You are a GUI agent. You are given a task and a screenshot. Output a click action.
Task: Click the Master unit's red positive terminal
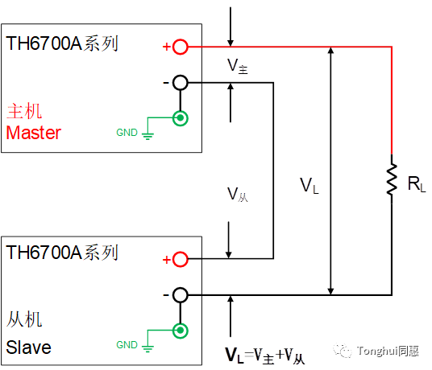pos(181,47)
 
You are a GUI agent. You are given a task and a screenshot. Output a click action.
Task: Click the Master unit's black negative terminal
pos(181,83)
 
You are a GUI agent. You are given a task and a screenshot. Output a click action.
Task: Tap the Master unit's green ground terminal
pos(181,118)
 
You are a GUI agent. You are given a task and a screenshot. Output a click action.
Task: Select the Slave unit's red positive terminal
pos(181,259)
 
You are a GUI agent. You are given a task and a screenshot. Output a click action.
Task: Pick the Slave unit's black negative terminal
pos(181,295)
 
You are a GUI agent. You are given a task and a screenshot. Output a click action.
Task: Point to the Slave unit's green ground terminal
pos(181,331)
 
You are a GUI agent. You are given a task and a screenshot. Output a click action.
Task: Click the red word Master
pos(33,133)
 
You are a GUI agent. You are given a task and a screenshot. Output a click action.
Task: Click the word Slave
pos(29,347)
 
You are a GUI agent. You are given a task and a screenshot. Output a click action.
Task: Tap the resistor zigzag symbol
pos(392,179)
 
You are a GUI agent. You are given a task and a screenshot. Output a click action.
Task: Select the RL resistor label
pos(417,184)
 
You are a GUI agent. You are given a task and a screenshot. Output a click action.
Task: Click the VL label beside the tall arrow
pos(309,186)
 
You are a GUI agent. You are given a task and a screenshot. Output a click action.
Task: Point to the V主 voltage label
pos(238,66)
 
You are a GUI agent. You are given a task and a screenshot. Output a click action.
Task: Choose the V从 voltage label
pos(238,195)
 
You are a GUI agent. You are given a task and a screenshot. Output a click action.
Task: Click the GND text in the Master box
pos(127,133)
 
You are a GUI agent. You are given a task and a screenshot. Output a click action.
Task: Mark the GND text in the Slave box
pos(127,345)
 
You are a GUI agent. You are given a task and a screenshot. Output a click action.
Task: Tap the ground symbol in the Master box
pos(147,134)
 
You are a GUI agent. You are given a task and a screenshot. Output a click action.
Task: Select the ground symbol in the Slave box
pos(147,347)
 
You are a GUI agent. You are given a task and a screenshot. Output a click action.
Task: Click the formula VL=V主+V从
pos(265,356)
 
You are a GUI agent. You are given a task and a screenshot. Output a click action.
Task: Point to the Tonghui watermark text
pos(376,351)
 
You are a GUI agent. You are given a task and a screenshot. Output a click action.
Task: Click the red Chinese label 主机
pos(24,111)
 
